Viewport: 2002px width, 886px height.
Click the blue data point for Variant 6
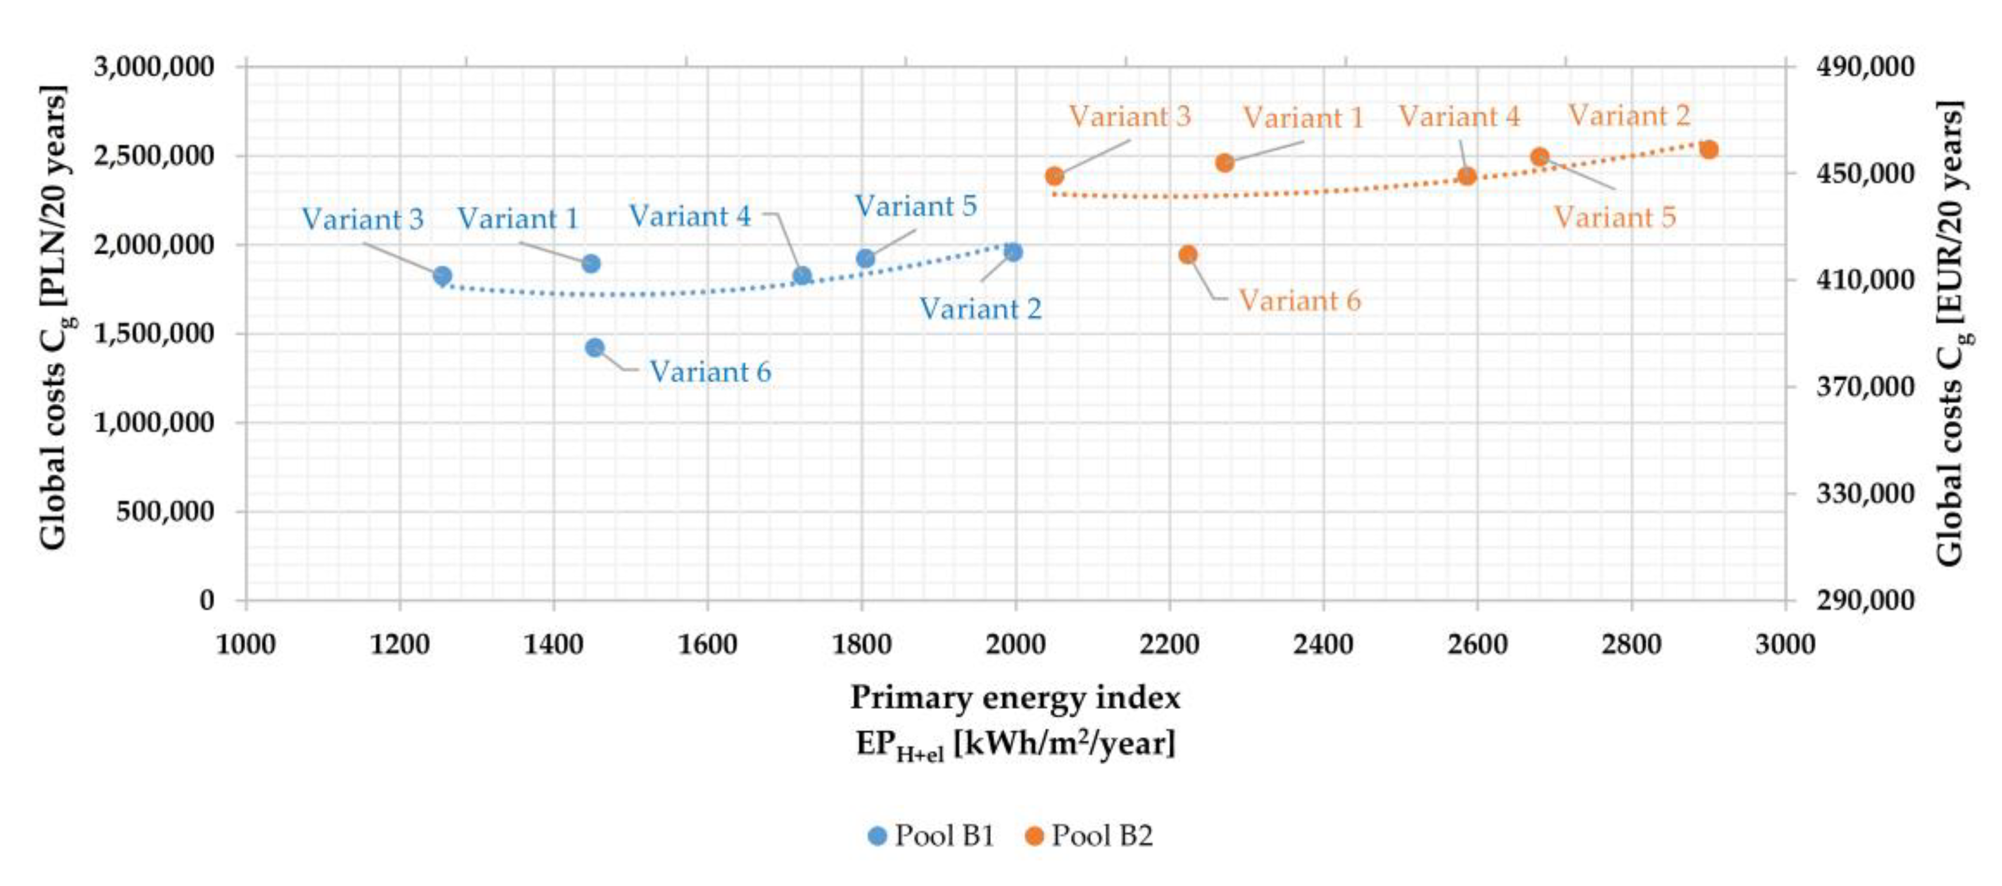coord(594,347)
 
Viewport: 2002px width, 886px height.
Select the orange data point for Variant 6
coord(1188,255)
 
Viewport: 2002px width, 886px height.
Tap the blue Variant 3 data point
coord(442,276)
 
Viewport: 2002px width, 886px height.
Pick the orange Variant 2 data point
coord(1708,149)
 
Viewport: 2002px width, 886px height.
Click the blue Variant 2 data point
coord(1013,252)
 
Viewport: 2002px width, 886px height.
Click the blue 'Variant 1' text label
coord(518,218)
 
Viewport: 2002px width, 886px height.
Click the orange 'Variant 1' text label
coord(1303,118)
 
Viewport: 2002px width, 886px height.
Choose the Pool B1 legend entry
coord(931,835)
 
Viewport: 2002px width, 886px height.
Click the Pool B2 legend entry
coord(1089,835)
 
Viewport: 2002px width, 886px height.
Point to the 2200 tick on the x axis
coord(1169,645)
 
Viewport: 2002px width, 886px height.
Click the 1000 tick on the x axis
coord(245,645)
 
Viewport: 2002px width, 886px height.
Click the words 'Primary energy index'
coord(1015,697)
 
